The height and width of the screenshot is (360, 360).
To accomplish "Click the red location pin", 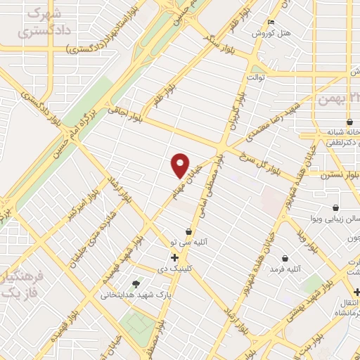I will [x=180, y=165].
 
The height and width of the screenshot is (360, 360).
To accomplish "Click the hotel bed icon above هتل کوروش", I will [x=271, y=22].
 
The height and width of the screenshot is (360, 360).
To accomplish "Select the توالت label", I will [x=254, y=77].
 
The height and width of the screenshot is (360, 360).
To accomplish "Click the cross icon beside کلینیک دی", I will [x=174, y=258].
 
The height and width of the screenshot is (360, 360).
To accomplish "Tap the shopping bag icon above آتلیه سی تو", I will [x=188, y=232].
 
